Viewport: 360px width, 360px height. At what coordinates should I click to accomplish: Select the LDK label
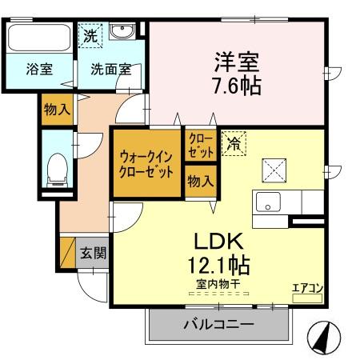coord(212,241)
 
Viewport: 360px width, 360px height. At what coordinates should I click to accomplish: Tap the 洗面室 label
coord(110,69)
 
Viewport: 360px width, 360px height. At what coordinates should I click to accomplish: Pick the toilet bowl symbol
coord(57,168)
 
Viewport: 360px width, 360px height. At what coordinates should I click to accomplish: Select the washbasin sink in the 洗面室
coord(122,31)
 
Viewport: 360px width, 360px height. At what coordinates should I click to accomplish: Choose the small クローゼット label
coord(200,145)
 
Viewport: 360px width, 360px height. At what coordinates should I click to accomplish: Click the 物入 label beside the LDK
coord(200,181)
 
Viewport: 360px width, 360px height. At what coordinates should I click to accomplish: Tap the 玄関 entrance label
coord(92,254)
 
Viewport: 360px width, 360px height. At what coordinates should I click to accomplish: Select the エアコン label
coord(307,287)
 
